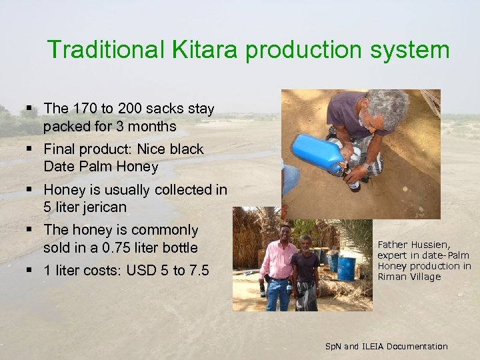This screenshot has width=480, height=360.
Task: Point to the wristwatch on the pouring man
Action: click(x=366, y=166)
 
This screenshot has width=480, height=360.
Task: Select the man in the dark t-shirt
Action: click(x=306, y=267)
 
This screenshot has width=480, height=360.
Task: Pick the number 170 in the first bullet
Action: click(x=83, y=109)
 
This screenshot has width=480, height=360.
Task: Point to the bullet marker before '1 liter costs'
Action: click(x=31, y=271)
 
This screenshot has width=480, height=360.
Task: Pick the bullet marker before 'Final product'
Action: click(x=31, y=149)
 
